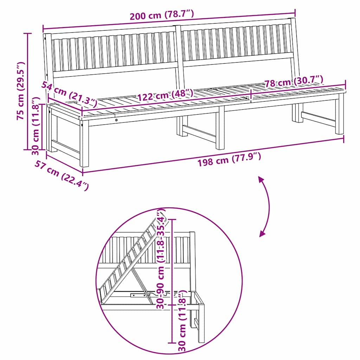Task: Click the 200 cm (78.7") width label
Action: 162,15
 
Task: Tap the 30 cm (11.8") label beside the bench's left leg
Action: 36,127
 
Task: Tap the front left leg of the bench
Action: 84,144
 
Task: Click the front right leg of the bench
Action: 339,114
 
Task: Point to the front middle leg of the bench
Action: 220,128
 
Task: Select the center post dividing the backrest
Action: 179,56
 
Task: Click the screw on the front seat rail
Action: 116,120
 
